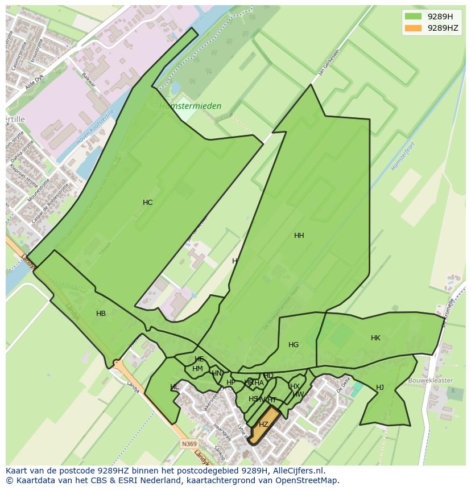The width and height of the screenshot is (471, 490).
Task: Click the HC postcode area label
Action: coord(147,203)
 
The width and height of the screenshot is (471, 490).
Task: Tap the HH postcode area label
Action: coord(299,236)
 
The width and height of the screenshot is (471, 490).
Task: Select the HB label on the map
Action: coord(101,314)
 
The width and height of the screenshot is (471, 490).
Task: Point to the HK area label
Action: coord(375,338)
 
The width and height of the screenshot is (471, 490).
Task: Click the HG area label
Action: coord(294,345)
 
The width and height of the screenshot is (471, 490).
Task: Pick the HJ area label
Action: coord(380,388)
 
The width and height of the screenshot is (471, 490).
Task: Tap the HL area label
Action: coord(174,388)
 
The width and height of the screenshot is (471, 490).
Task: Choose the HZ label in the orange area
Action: coord(263,425)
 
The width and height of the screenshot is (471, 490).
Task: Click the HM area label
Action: coord(197,369)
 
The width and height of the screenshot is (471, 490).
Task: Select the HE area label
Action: coord(199,359)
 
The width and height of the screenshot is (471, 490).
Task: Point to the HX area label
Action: coord(295,386)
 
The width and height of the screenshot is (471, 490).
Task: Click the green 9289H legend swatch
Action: coord(413,17)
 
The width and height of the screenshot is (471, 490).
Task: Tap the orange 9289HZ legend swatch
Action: coord(413,28)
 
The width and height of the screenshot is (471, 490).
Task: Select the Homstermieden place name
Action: coord(190,106)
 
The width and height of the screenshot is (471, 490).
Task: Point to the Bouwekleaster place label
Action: coord(430,380)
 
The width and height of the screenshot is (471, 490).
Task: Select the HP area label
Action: coord(230,382)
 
